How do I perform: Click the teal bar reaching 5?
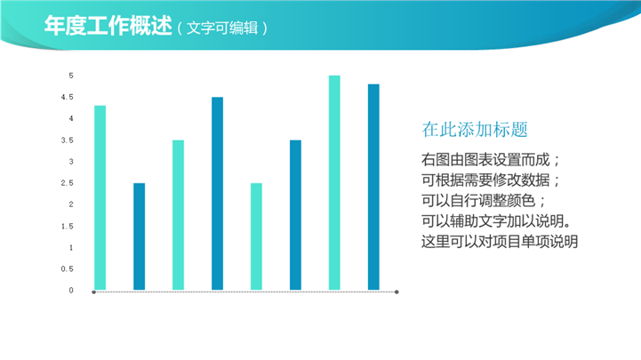pyautogui.click(x=334, y=182)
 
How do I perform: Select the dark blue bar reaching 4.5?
pyautogui.click(x=218, y=194)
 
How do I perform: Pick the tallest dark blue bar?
pyautogui.click(x=373, y=188)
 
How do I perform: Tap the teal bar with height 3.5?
pyautogui.click(x=178, y=215)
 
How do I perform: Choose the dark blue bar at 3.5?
pyautogui.click(x=295, y=215)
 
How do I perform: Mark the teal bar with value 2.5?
pyautogui.click(x=256, y=236)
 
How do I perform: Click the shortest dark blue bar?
pyautogui.click(x=139, y=236)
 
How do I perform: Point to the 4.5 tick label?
pyautogui.click(x=67, y=97)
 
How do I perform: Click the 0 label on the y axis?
pyautogui.click(x=71, y=290)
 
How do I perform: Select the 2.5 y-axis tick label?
pyautogui.click(x=67, y=183)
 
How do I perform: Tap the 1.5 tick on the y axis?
pyautogui.click(x=67, y=226)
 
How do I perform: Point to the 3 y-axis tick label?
pyautogui.click(x=71, y=162)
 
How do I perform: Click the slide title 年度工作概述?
pyautogui.click(x=108, y=26)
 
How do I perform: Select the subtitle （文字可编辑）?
pyautogui.click(x=222, y=28)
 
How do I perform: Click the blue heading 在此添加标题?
pyautogui.click(x=475, y=130)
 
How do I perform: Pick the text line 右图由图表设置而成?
pyautogui.click(x=485, y=160)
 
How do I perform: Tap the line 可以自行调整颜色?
pyautogui.click(x=478, y=201)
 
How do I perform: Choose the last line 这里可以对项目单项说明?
pyautogui.click(x=500, y=242)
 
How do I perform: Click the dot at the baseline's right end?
pyautogui.click(x=397, y=292)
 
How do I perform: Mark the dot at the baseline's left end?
pyautogui.click(x=94, y=292)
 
